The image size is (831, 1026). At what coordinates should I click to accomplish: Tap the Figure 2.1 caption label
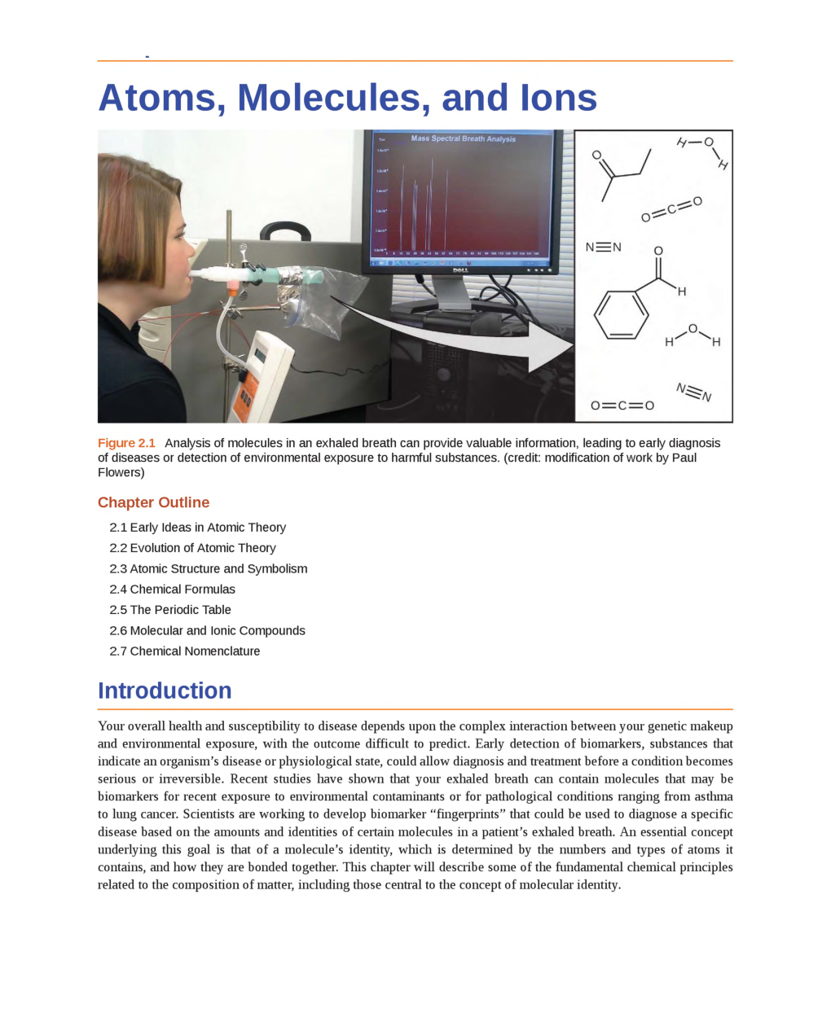[126, 443]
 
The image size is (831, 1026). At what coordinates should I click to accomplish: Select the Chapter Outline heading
[153, 502]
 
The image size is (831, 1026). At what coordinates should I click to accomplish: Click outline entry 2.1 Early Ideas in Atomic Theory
[197, 528]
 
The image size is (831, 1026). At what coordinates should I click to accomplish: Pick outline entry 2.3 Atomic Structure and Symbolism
[208, 568]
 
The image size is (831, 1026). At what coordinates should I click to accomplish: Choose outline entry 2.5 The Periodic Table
[169, 610]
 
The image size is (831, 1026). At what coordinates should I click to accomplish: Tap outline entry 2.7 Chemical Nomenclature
[184, 651]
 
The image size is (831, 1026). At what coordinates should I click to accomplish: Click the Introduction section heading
[165, 691]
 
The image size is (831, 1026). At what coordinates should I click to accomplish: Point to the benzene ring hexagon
[621, 314]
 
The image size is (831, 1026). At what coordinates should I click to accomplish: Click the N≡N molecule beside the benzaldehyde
[603, 248]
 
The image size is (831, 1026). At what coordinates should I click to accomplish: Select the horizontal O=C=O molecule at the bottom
[622, 406]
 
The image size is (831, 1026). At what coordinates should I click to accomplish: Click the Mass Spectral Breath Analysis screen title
[463, 139]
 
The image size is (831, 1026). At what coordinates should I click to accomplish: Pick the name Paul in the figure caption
[684, 458]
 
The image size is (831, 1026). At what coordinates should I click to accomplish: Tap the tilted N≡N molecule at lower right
[693, 392]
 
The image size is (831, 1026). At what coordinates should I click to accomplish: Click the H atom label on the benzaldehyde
[682, 292]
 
